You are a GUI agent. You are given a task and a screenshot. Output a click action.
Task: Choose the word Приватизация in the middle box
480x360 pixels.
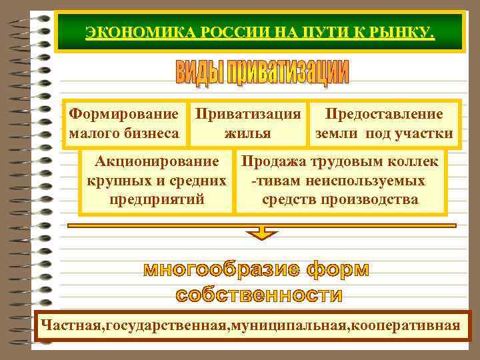247,113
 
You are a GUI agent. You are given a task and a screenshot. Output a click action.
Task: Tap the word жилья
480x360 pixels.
247,133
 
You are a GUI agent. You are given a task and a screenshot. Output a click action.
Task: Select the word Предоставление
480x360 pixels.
383,113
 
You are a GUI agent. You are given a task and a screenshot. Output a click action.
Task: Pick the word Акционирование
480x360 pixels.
157,162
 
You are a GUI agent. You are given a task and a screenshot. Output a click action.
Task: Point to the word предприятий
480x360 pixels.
157,199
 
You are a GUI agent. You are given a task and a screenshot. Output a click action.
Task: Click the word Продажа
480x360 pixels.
273,162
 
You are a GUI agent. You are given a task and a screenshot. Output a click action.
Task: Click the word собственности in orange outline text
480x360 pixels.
259,295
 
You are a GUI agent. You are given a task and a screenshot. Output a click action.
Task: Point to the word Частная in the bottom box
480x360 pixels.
71,326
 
